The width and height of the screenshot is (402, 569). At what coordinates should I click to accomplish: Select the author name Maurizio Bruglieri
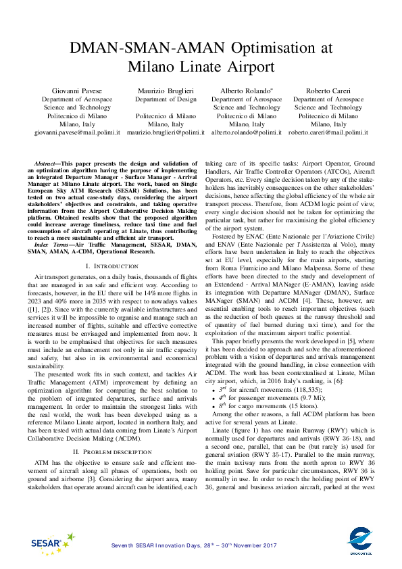point(166,90)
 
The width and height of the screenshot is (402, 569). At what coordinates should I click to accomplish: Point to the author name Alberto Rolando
point(247,90)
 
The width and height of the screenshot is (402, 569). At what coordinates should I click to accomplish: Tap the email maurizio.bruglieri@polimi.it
point(166,134)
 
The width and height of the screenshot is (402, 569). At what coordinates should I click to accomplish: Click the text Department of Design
point(166,99)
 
